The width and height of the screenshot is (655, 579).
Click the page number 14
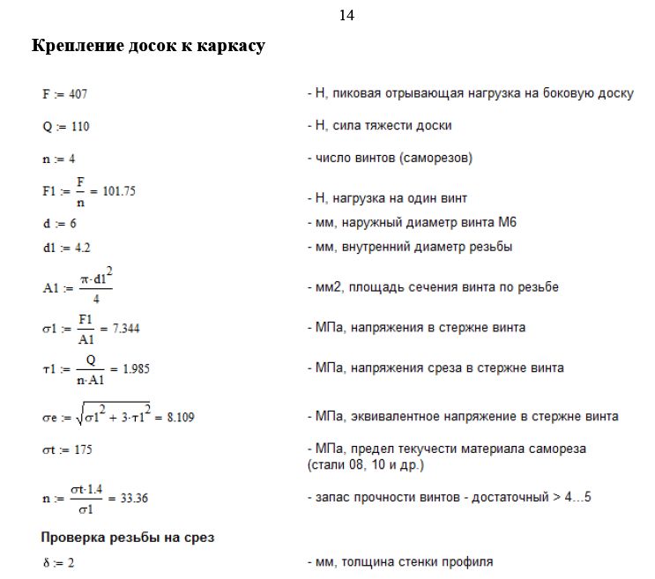point(346,16)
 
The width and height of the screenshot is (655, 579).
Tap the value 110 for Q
point(79,126)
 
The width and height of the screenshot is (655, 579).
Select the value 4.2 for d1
point(80,248)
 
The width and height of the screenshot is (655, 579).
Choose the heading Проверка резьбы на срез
point(127,537)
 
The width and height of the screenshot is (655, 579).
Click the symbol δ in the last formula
point(45,561)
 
